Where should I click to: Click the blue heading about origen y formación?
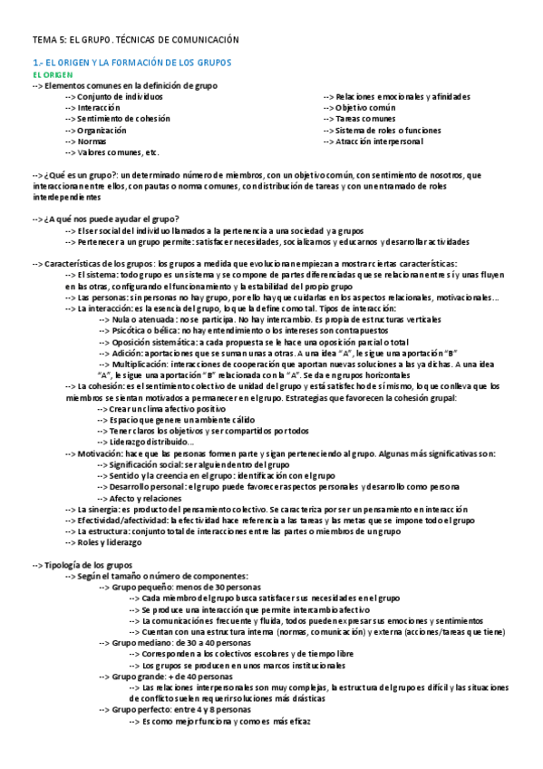click(x=132, y=63)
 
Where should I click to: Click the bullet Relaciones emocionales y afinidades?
click(x=402, y=96)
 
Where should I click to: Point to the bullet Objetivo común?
click(x=366, y=108)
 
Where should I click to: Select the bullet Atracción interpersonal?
click(x=380, y=141)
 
